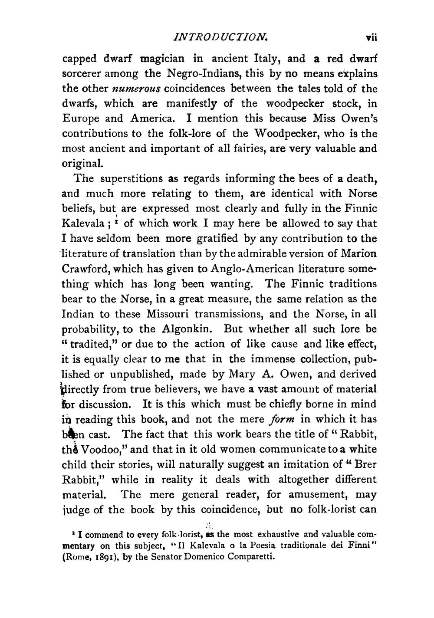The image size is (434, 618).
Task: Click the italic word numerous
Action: pyautogui.click(x=136, y=89)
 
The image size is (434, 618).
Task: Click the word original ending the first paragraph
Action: pyautogui.click(x=82, y=164)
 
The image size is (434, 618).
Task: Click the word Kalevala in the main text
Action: pyautogui.click(x=83, y=224)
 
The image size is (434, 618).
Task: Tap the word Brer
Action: pyautogui.click(x=365, y=464)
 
